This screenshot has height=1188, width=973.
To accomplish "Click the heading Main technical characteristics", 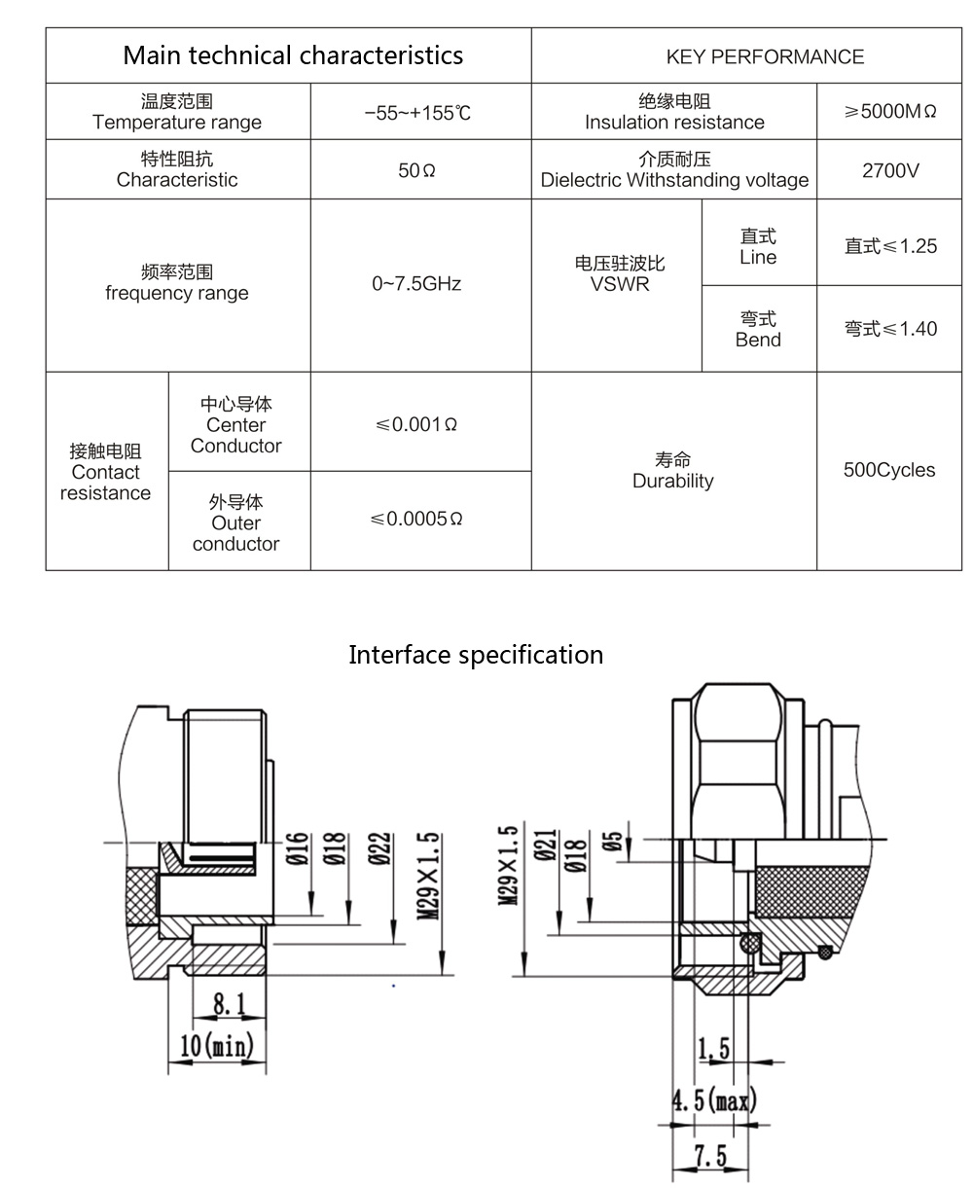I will click(x=293, y=55).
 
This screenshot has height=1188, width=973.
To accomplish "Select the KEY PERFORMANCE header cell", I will click(x=765, y=56).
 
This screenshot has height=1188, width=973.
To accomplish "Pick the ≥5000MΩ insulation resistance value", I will click(x=889, y=112).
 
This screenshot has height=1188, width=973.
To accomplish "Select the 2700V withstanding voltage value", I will click(x=890, y=170).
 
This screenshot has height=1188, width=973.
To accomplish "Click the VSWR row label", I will click(x=620, y=274).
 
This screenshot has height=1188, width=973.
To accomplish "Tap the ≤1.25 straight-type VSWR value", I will click(x=890, y=246).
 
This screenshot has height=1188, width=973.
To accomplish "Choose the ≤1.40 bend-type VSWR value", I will click(x=890, y=329).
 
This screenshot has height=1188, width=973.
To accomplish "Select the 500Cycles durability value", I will click(x=889, y=470).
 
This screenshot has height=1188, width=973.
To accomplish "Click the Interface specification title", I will click(x=476, y=654).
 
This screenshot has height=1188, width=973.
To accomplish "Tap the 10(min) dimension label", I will click(x=217, y=1046).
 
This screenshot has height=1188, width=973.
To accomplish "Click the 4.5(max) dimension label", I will click(x=714, y=1101).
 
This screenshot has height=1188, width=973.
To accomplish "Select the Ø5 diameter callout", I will click(x=613, y=841).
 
